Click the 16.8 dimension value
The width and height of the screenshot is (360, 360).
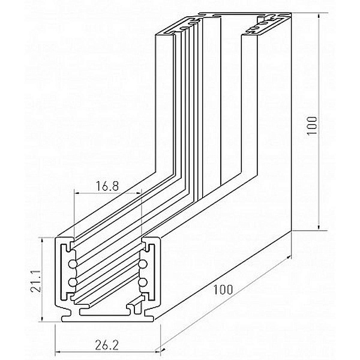point(107,186)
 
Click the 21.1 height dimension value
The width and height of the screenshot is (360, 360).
point(35,281)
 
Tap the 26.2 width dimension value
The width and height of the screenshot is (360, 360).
point(107,346)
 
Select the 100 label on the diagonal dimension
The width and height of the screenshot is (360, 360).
point(223,290)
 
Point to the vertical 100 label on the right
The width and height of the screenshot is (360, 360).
point(312,126)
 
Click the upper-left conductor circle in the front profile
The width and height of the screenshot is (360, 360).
point(73,264)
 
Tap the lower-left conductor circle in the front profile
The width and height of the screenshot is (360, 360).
point(73,282)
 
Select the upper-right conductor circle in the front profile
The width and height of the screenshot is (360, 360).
point(143,264)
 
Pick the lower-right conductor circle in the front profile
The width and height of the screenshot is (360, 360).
point(143,282)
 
